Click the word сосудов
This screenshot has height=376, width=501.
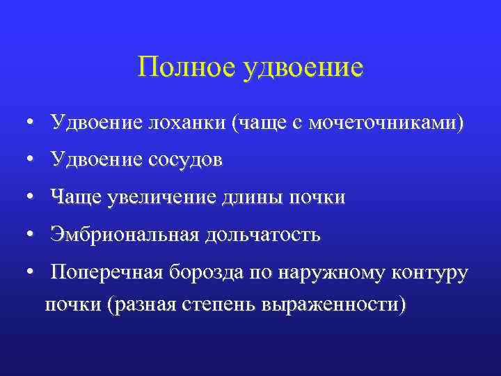click(x=184, y=161)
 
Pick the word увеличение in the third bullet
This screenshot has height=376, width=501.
click(x=159, y=198)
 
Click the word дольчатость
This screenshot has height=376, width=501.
click(x=262, y=235)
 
